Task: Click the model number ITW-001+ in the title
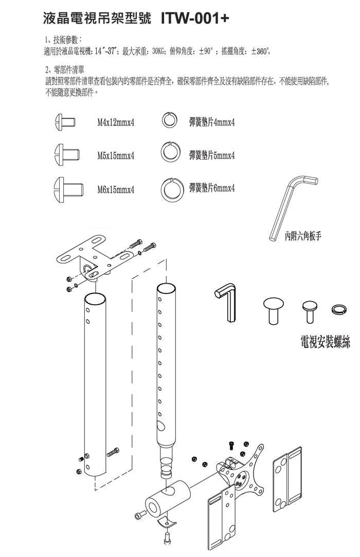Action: (x=195, y=18)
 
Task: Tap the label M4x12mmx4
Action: (x=116, y=123)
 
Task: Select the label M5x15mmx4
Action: (x=116, y=156)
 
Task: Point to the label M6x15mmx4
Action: (x=116, y=189)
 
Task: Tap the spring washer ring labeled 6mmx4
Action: (x=171, y=189)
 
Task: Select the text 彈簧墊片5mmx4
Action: (x=212, y=155)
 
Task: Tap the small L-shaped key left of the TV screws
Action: (x=225, y=303)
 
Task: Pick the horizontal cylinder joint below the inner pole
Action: (x=166, y=501)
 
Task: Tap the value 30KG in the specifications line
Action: (x=157, y=51)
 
